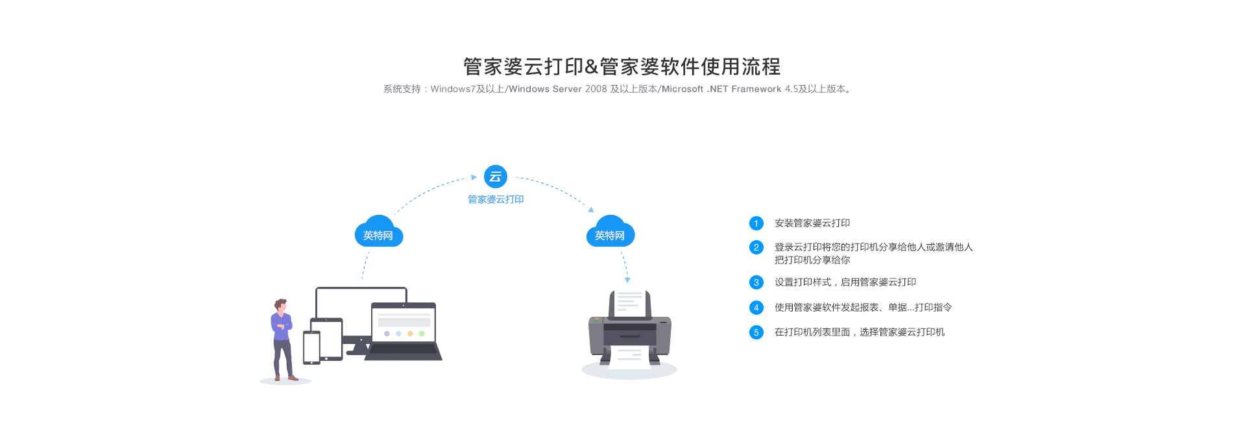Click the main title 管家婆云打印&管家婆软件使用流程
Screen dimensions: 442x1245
(622, 66)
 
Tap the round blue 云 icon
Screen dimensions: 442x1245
(496, 177)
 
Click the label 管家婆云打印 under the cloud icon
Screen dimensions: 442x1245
(496, 199)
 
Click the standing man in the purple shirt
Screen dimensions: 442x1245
(282, 338)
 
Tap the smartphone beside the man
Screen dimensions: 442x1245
(311, 347)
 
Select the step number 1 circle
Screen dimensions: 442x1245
(756, 223)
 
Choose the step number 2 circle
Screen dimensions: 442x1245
(756, 247)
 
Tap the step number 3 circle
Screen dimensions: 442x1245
(756, 282)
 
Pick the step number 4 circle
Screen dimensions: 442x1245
(756, 308)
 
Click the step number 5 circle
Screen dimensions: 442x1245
(756, 332)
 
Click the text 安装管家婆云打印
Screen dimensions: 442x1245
(812, 223)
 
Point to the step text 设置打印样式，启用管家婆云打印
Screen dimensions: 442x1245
(845, 282)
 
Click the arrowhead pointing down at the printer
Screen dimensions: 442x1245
(627, 280)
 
